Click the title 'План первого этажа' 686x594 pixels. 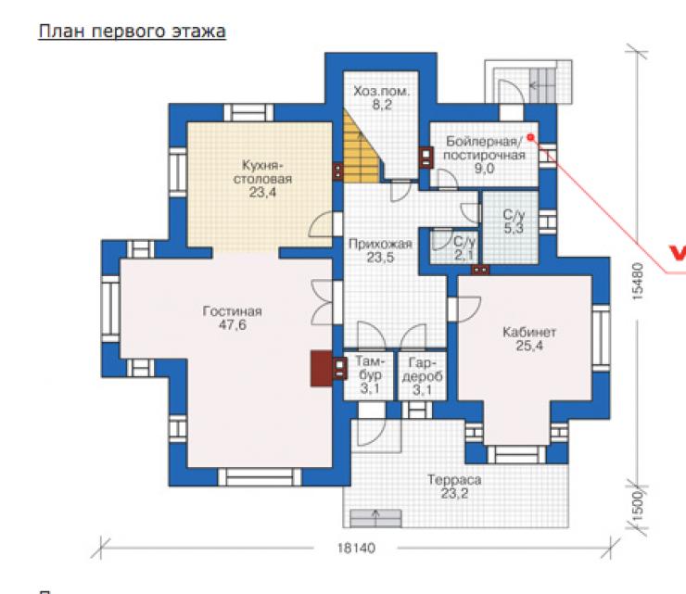[x=133, y=32]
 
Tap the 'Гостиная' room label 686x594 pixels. [x=233, y=311]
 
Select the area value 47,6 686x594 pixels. [x=233, y=325]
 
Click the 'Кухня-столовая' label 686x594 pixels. [x=262, y=172]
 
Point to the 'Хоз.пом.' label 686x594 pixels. [x=382, y=92]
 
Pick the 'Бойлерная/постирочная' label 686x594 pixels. [x=484, y=148]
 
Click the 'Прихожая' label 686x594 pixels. [x=380, y=244]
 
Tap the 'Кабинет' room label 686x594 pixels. [x=529, y=332]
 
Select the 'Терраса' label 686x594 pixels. [x=454, y=480]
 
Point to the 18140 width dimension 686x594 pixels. [x=356, y=548]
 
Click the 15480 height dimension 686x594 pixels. [x=639, y=281]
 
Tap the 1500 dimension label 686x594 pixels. [x=638, y=506]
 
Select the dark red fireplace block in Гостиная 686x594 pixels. [x=322, y=368]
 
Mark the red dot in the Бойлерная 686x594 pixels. [x=530, y=137]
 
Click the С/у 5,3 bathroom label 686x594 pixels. [x=514, y=221]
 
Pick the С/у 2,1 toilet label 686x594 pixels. [x=464, y=248]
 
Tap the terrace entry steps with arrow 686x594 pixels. [x=375, y=518]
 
